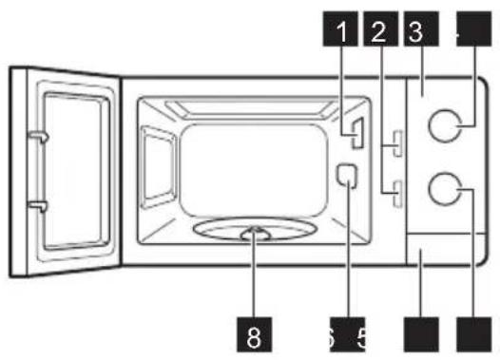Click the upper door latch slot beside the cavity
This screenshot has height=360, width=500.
pos(393,147)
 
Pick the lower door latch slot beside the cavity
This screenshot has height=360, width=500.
pos(393,197)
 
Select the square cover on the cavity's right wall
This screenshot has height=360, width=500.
pos(347,177)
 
